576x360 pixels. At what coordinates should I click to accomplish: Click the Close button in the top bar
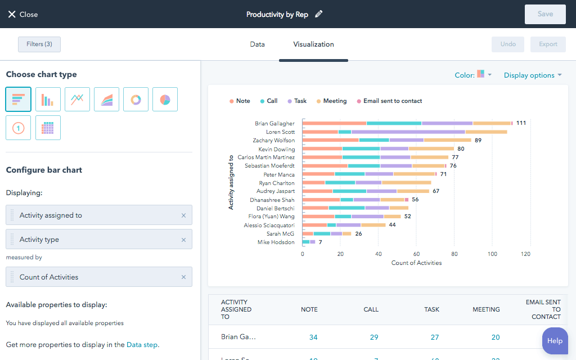pos(22,14)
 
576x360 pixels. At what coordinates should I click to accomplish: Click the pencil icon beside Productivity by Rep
pos(319,14)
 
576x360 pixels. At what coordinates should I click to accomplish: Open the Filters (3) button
pos(39,44)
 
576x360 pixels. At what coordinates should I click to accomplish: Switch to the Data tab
pos(257,44)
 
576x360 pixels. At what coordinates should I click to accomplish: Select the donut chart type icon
pos(136,100)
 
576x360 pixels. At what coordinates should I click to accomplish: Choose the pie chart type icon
pos(165,100)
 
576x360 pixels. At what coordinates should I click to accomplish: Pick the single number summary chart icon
pos(18,128)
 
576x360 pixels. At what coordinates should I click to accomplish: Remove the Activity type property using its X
pos(183,240)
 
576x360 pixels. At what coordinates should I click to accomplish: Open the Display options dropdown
pos(532,75)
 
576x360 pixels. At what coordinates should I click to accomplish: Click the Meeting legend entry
pos(331,101)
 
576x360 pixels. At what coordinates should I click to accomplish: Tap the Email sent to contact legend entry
pos(389,101)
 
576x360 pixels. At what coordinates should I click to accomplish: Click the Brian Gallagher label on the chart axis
pos(274,123)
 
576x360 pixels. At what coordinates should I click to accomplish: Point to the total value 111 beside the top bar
pos(521,123)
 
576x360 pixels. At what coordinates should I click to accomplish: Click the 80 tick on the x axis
pos(454,254)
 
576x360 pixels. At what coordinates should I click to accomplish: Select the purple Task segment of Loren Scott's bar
pos(408,132)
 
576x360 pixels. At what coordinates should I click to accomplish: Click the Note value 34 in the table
pos(313,337)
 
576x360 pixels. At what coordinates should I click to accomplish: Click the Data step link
pos(142,345)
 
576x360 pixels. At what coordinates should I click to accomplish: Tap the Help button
pos(555,341)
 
